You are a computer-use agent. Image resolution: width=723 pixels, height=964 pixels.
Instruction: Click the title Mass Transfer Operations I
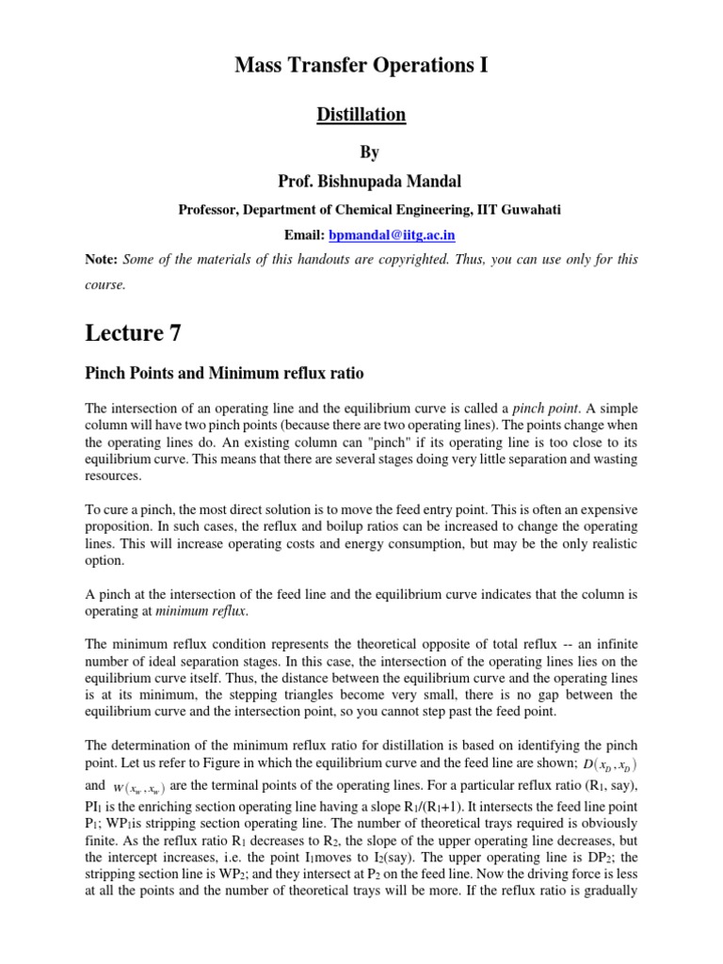(361, 66)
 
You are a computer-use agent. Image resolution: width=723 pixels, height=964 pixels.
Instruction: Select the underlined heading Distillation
(361, 115)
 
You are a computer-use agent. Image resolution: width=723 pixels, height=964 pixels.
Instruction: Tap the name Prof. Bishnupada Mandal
(361, 177)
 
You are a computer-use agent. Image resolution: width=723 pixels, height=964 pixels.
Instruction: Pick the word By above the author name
(361, 151)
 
